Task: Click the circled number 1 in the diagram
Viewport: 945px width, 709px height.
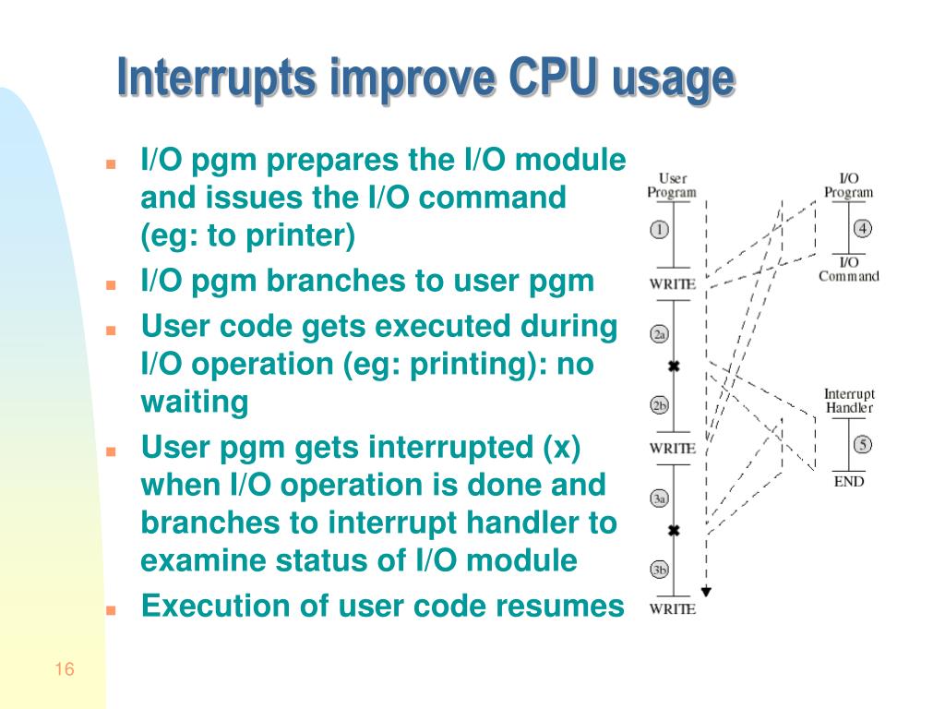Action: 659,230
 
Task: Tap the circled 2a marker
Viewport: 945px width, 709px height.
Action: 659,334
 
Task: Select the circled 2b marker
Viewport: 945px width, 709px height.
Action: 659,405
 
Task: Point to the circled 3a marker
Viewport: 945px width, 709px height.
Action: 659,499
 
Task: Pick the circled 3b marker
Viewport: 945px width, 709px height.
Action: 659,570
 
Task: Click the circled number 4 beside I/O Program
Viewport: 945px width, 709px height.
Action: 863,229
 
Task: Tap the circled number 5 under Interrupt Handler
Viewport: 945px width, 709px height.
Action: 863,445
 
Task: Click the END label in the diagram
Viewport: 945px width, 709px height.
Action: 849,482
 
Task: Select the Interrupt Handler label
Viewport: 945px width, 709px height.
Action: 849,401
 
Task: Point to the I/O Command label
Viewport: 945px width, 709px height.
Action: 849,270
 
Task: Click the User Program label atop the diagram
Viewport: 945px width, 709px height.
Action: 672,185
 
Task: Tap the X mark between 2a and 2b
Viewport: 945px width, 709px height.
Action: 674,366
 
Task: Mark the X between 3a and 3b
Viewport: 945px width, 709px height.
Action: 674,531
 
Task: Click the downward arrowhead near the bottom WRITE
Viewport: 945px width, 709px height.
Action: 706,592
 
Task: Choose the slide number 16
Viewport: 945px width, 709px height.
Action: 65,669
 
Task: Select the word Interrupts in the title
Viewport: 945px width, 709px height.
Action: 216,78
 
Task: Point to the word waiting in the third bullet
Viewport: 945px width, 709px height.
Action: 195,403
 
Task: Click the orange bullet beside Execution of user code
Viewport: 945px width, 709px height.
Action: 111,610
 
